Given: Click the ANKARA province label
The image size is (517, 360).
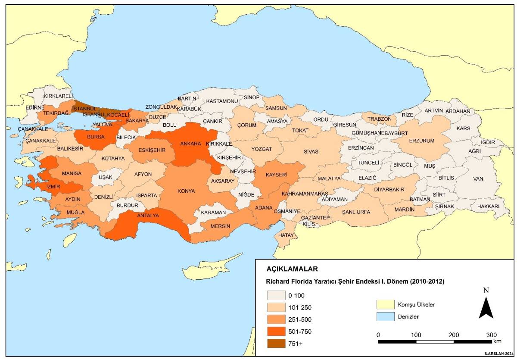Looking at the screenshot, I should point(190,144).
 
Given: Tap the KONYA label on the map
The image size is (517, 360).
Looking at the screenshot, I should point(186,191).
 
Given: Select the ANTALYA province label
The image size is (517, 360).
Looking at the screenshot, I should point(148,215).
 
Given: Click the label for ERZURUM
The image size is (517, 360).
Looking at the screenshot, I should point(421,141).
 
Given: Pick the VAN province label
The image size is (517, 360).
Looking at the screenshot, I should point(478,178).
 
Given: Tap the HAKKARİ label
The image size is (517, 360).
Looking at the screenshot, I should point(488,207).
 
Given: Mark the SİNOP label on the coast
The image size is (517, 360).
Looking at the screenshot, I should point(252,97).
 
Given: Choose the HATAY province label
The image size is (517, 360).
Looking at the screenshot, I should point(286,235).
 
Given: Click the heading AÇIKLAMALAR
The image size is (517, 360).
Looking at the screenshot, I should point(292,269).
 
